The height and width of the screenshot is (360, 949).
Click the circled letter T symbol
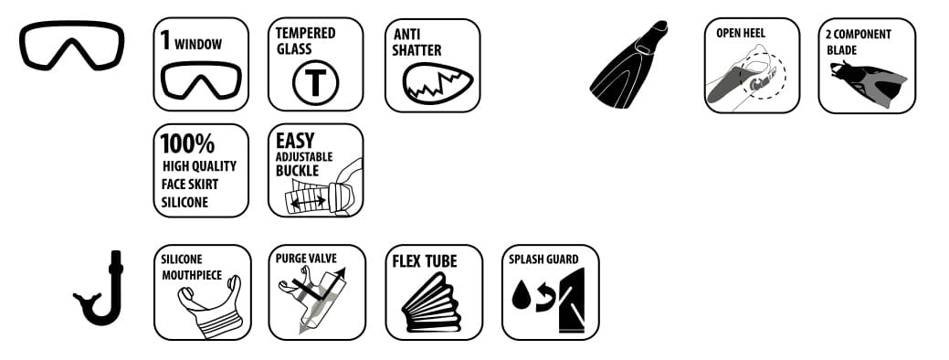(315, 83)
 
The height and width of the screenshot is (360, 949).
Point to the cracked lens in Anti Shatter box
(437, 83)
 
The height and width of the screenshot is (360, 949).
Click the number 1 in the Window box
(165, 39)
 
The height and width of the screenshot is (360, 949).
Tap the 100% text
(187, 144)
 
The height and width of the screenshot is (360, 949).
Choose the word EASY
(295, 141)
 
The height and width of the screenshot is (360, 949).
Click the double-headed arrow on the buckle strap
(308, 201)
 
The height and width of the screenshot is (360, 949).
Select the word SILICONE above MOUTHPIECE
(182, 259)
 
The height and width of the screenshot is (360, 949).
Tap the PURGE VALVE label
(306, 259)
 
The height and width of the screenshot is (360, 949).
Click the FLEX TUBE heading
(425, 260)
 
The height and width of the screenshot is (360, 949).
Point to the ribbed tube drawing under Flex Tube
(432, 302)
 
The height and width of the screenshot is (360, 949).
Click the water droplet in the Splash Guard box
(521, 294)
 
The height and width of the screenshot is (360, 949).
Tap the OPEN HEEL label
(740, 33)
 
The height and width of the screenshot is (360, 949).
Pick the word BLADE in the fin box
(842, 49)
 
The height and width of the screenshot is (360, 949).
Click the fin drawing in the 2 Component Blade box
(870, 83)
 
